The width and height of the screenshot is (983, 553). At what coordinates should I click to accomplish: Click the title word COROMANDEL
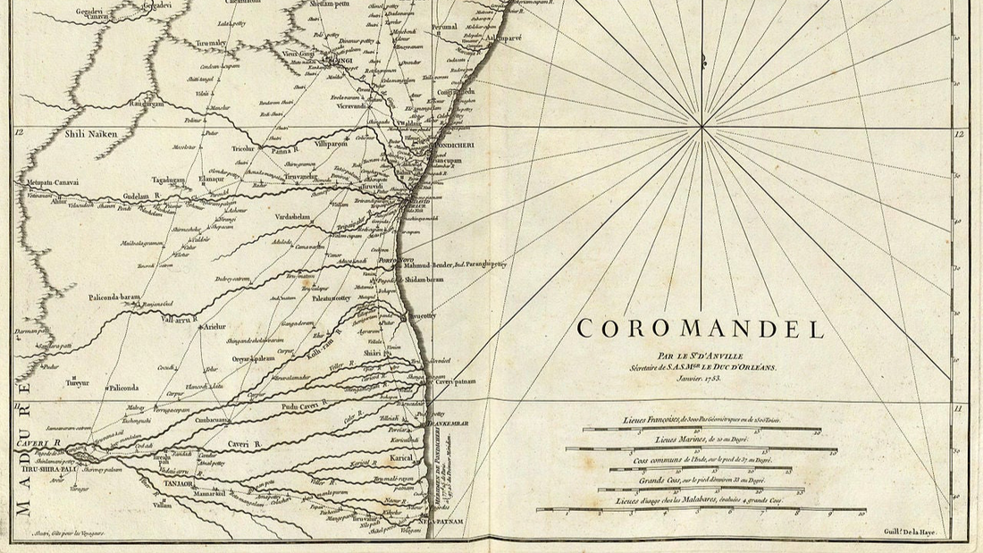pyautogui.click(x=701, y=329)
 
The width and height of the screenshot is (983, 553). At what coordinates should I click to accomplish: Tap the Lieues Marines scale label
pyautogui.click(x=702, y=440)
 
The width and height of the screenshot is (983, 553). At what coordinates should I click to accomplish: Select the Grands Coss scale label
pyautogui.click(x=702, y=481)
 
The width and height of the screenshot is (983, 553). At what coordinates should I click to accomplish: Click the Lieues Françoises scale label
pyautogui.click(x=702, y=420)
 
